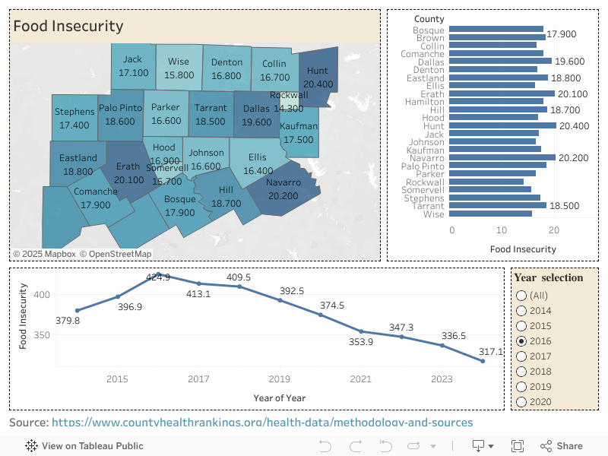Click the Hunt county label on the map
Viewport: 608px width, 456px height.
[318, 71]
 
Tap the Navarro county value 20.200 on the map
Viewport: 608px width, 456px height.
[283, 195]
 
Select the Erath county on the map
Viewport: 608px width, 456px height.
[128, 166]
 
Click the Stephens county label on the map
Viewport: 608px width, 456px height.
[74, 112]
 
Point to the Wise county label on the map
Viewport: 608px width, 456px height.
[179, 62]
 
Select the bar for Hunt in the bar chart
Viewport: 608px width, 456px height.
[502, 125]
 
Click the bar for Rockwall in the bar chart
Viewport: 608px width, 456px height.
[486, 182]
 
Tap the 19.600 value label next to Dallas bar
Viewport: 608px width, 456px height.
[569, 62]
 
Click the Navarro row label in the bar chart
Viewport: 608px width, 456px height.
[426, 158]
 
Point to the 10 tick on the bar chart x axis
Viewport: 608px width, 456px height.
[502, 230]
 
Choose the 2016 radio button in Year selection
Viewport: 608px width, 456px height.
[521, 341]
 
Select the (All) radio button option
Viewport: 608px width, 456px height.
[521, 296]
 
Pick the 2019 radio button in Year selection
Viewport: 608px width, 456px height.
[521, 387]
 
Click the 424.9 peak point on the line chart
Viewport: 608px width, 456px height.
[158, 274]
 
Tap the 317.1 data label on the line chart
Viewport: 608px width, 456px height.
[490, 352]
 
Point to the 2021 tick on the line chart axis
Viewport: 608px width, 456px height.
[360, 379]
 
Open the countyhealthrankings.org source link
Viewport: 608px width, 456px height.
[262, 423]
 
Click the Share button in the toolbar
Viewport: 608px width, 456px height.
[562, 446]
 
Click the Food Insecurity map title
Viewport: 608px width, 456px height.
[68, 26]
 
